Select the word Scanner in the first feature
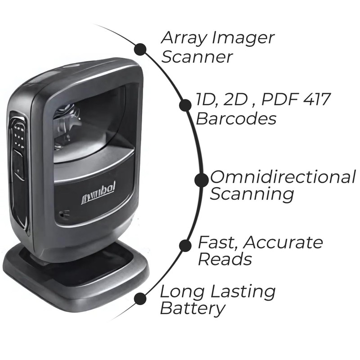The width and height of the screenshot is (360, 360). [197, 57]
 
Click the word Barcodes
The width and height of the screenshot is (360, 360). [236, 119]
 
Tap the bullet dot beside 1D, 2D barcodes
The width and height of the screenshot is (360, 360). [184, 105]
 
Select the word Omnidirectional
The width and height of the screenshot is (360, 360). [283, 177]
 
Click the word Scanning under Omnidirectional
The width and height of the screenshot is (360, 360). [252, 195]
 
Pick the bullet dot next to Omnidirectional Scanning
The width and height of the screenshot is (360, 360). [201, 180]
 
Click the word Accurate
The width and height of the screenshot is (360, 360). [284, 243]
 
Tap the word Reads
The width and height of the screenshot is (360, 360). [225, 259]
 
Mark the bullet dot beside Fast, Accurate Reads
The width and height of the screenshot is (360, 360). [185, 245]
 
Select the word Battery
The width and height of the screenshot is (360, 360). [192, 309]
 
